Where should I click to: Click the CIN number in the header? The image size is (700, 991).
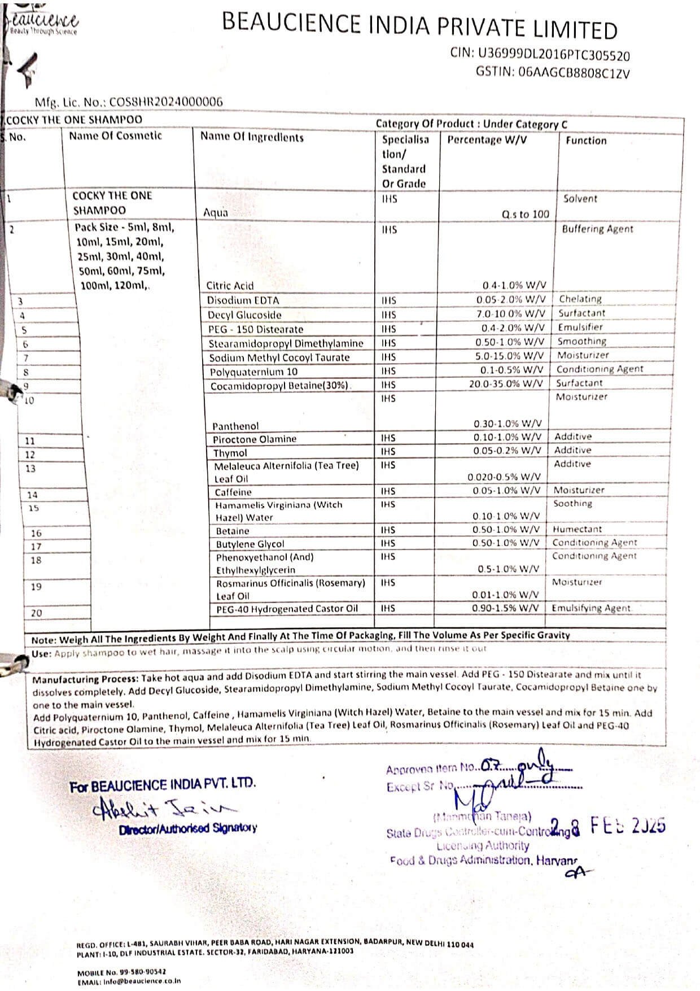(554, 55)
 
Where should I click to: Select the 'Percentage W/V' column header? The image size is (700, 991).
(487, 139)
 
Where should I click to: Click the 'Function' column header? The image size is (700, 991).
(586, 141)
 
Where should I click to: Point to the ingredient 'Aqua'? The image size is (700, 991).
(216, 213)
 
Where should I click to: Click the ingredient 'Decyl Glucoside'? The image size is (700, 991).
(244, 315)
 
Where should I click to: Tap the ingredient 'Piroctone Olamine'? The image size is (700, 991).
(254, 439)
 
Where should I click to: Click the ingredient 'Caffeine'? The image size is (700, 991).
(233, 492)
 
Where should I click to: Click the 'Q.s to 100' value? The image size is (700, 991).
(525, 214)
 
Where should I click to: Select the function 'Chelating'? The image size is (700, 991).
(580, 299)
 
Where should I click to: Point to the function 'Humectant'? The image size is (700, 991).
(577, 529)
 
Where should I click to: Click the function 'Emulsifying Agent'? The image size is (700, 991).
(590, 608)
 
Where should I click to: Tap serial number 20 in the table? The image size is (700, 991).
(36, 613)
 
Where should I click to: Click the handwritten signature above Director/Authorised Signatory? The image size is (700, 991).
(164, 808)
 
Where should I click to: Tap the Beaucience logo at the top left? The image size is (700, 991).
(42, 23)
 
